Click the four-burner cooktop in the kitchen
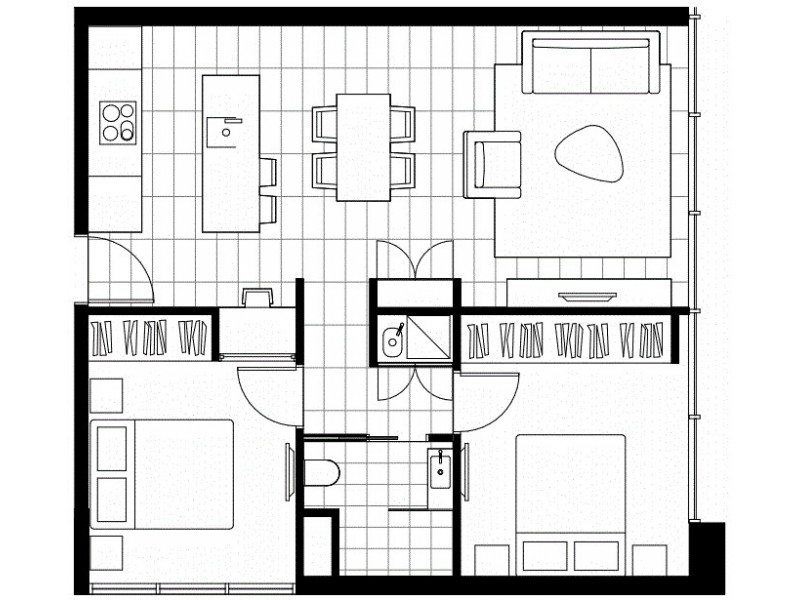[x=118, y=122]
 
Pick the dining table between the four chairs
[x=363, y=146]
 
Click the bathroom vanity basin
[x=441, y=468]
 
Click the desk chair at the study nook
[x=257, y=297]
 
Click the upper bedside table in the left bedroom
[x=106, y=395]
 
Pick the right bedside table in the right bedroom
[x=651, y=560]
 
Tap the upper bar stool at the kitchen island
[x=267, y=172]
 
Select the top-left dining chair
[x=325, y=123]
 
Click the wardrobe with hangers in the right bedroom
[x=568, y=339]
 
